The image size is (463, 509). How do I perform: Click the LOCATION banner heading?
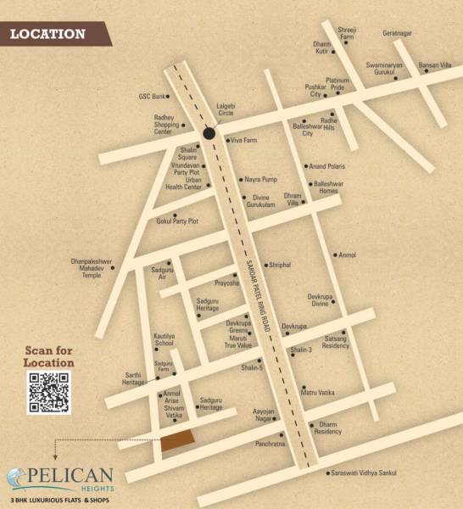pos(48,35)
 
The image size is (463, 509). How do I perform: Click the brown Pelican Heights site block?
pos(177,439)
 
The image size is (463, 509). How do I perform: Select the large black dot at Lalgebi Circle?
pos(209,132)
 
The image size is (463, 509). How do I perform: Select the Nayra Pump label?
pos(261,180)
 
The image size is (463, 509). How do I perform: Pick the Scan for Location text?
pos(48,357)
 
